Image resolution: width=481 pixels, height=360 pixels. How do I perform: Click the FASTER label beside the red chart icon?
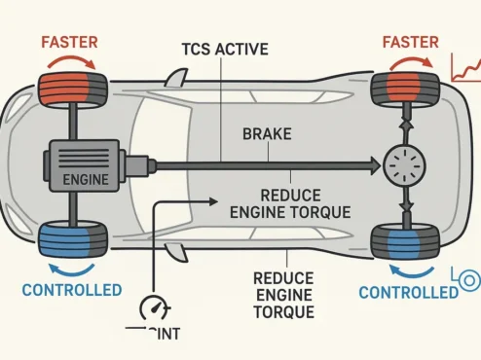[410, 42]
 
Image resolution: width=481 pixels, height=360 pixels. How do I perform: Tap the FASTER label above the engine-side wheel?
[68, 42]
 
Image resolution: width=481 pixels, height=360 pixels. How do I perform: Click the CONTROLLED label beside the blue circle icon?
[408, 292]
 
